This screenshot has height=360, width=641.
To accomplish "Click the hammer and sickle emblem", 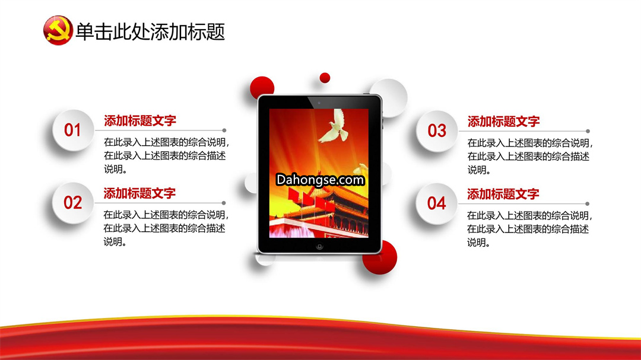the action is click(58, 30).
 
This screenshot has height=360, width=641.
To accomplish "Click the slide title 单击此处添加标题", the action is click(150, 31).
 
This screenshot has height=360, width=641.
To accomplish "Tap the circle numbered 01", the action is click(73, 130).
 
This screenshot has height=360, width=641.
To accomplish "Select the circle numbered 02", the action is click(73, 203).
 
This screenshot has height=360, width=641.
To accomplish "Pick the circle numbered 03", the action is click(437, 130).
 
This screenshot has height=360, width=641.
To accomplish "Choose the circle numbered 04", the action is click(436, 203).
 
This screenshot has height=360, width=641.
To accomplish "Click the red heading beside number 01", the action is click(140, 120).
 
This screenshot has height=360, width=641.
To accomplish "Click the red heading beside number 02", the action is click(139, 193).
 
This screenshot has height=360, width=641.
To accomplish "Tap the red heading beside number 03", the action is click(504, 122).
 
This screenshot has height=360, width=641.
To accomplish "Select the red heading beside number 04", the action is click(503, 194).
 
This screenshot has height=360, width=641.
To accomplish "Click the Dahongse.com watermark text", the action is click(320, 180).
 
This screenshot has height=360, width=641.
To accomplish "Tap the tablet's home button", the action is click(320, 246).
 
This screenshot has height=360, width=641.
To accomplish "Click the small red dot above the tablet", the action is click(325, 78).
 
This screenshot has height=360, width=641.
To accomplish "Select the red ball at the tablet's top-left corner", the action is click(262, 87).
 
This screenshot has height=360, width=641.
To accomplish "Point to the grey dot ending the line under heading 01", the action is click(224, 130).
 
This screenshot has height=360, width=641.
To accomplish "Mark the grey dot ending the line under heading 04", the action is click(588, 203).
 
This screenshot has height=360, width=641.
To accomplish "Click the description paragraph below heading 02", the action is click(166, 228).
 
